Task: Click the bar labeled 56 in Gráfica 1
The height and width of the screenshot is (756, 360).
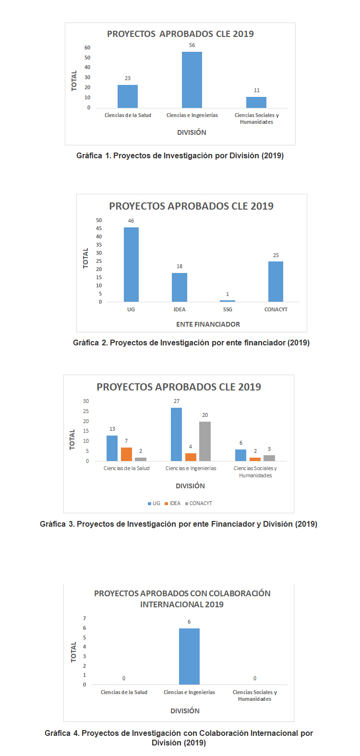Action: coord(192,80)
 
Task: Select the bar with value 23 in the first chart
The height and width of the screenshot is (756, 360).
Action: coord(128,96)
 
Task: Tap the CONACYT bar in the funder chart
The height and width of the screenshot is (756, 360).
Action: coord(276,282)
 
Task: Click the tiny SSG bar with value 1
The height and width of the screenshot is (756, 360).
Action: coord(228,301)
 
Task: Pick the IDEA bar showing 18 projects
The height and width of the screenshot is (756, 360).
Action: coord(180,287)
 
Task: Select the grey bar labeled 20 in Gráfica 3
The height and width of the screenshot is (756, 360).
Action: coord(205,441)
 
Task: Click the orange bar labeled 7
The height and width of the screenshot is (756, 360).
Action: coord(126,454)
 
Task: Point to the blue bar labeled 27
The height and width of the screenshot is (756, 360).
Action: coord(176,434)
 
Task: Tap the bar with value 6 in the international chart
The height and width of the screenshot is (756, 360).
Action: coord(189,656)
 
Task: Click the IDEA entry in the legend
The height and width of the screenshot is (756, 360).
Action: coord(172,503)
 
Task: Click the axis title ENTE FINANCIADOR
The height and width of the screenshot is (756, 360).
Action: coord(208,324)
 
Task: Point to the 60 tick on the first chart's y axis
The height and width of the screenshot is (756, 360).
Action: coord(87,47)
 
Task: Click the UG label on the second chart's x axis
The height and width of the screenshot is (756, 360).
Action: coord(131,309)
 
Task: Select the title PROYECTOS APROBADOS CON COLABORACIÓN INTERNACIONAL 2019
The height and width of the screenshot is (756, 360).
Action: coord(182,599)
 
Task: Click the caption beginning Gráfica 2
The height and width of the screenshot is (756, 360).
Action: coord(191,343)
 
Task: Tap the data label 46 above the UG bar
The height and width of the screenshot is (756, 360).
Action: coord(131,221)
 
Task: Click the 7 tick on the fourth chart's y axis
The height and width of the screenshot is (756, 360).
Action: coord(84,618)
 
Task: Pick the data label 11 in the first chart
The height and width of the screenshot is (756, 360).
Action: coord(257,90)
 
